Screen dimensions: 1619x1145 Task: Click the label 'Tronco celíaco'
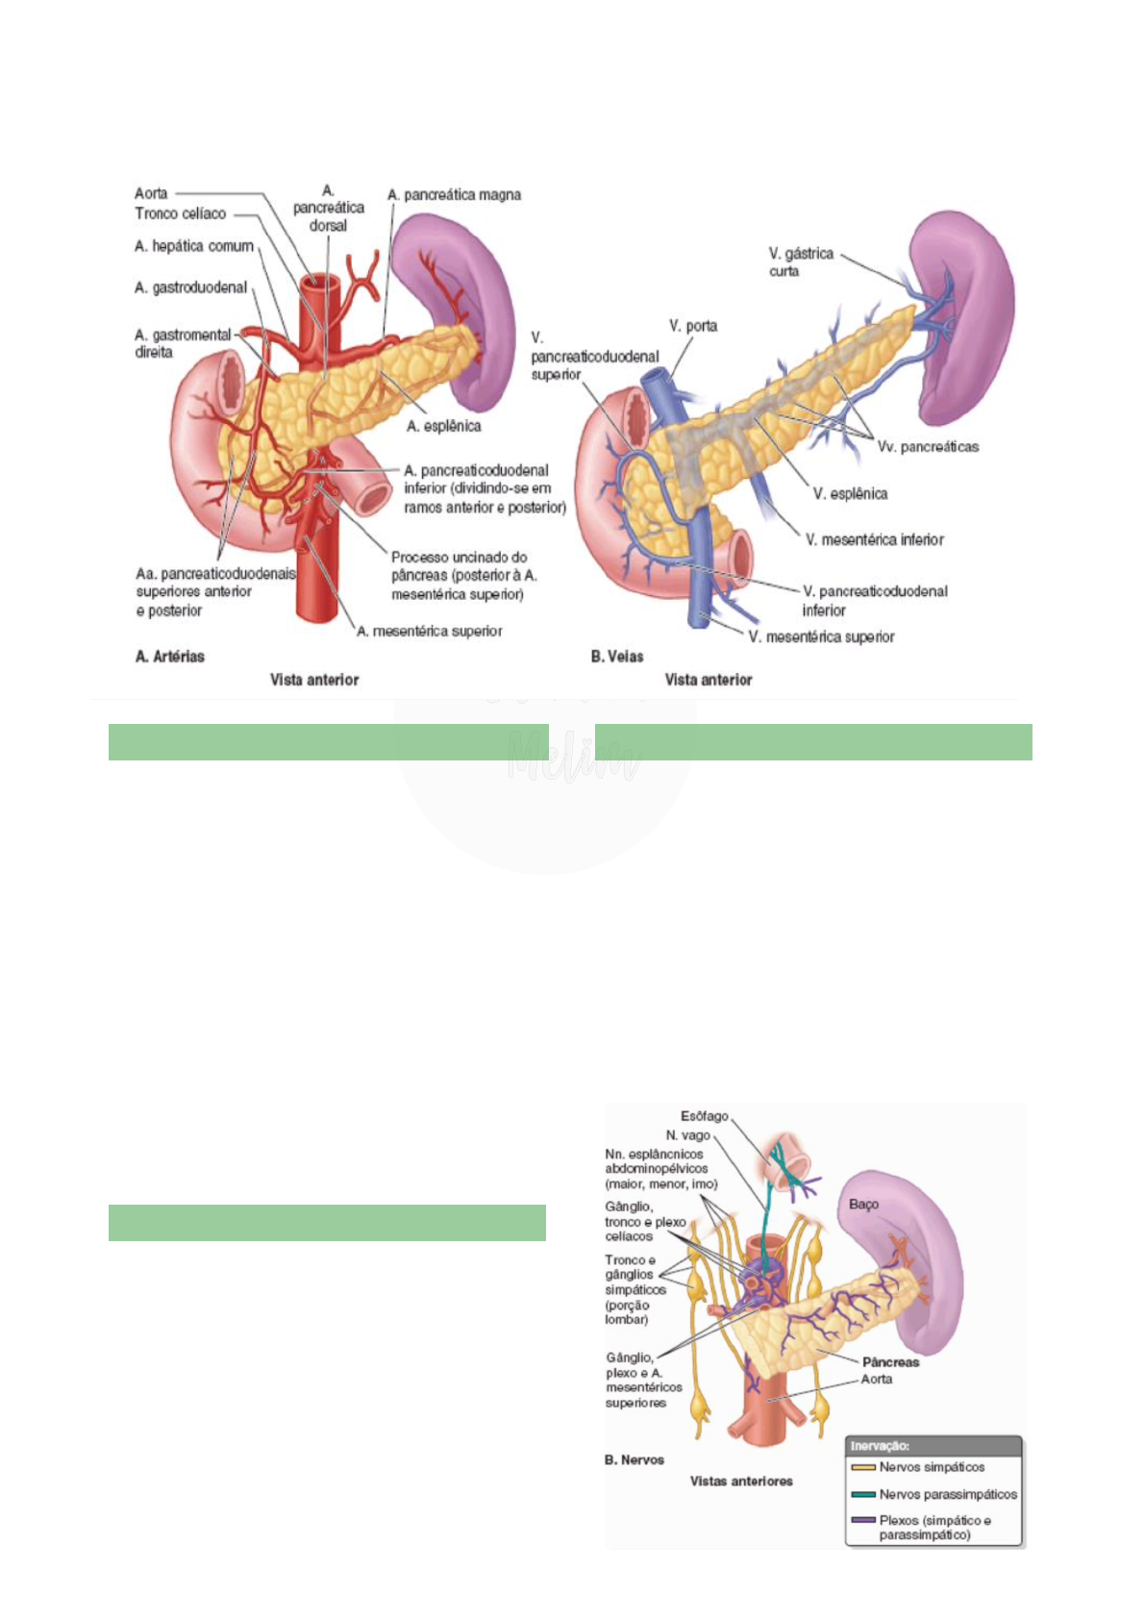[x=180, y=213]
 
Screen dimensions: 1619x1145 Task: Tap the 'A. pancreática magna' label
[x=454, y=195]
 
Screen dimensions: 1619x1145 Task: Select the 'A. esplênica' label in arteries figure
[x=443, y=426]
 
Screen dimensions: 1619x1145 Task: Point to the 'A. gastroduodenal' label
[x=190, y=287]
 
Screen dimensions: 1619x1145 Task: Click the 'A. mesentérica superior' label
[x=430, y=632]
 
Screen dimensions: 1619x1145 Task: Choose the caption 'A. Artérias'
[x=170, y=657]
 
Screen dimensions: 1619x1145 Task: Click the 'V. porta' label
[x=693, y=326]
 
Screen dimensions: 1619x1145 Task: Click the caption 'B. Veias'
[x=617, y=657]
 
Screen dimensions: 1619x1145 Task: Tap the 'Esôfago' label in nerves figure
[x=704, y=1116]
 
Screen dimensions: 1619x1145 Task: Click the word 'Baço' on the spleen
[x=863, y=1204]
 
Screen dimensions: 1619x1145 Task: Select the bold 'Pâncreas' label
[x=890, y=1361]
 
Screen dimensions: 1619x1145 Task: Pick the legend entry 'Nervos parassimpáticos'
[x=947, y=1494]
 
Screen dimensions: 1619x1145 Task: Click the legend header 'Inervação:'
[x=879, y=1446]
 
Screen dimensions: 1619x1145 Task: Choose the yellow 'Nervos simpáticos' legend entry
[x=931, y=1467]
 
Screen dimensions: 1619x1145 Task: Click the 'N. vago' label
[x=687, y=1135]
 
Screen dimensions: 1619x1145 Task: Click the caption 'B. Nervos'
[x=634, y=1459]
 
